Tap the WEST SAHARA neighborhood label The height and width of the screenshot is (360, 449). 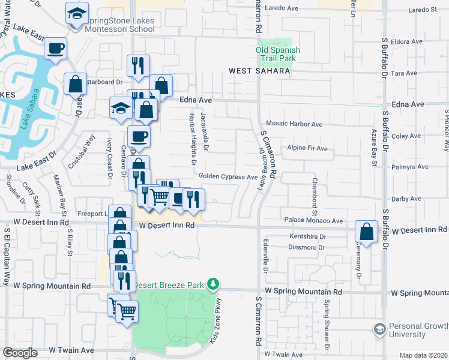259,71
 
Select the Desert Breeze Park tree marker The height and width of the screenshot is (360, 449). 212,283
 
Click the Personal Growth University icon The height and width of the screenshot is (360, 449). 379,329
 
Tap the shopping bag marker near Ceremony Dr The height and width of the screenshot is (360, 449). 366,231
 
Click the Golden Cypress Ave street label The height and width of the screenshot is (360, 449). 228,177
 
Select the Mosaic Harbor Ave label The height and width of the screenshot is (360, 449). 295,124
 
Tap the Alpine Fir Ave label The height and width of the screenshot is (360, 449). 307,148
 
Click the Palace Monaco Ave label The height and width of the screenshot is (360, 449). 313,221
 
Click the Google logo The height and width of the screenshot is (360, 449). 20,353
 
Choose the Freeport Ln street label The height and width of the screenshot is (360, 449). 91,213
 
